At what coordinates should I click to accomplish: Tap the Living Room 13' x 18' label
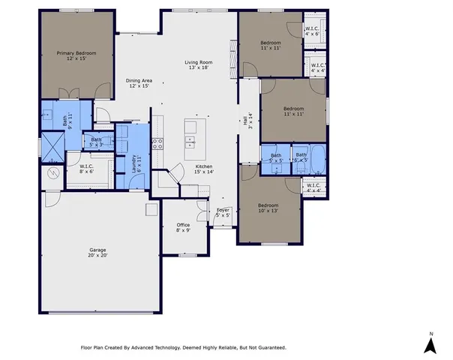click(x=199, y=64)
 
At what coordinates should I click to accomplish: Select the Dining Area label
click(x=138, y=83)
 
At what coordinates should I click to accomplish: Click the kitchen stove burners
click(x=157, y=143)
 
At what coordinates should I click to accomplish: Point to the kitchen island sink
click(x=190, y=141)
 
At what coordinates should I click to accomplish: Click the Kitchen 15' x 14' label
click(x=205, y=169)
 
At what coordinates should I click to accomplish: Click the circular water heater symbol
click(x=52, y=173)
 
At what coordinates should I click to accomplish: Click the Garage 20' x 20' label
click(x=97, y=252)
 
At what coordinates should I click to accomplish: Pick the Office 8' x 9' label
click(x=183, y=227)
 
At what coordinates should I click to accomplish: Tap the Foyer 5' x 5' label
click(x=223, y=212)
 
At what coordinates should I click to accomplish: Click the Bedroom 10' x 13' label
click(x=268, y=208)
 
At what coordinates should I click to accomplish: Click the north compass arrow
click(x=430, y=344)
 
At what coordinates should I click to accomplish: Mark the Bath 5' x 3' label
click(x=97, y=142)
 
